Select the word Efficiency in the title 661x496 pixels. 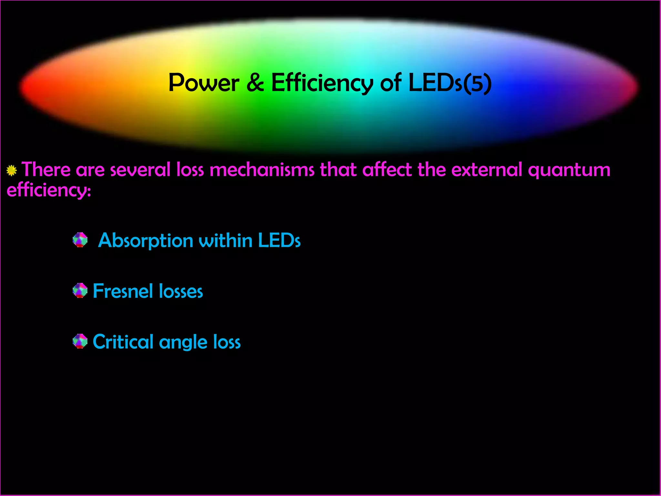(322, 83)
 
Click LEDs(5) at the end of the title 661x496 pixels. (450, 83)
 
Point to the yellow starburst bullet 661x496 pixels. (12, 170)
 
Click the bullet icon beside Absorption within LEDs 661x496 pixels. (80, 240)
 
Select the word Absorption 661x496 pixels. (146, 241)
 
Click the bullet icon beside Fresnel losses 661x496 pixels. (80, 291)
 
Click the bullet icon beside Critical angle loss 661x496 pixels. (80, 341)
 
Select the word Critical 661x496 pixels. (123, 342)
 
